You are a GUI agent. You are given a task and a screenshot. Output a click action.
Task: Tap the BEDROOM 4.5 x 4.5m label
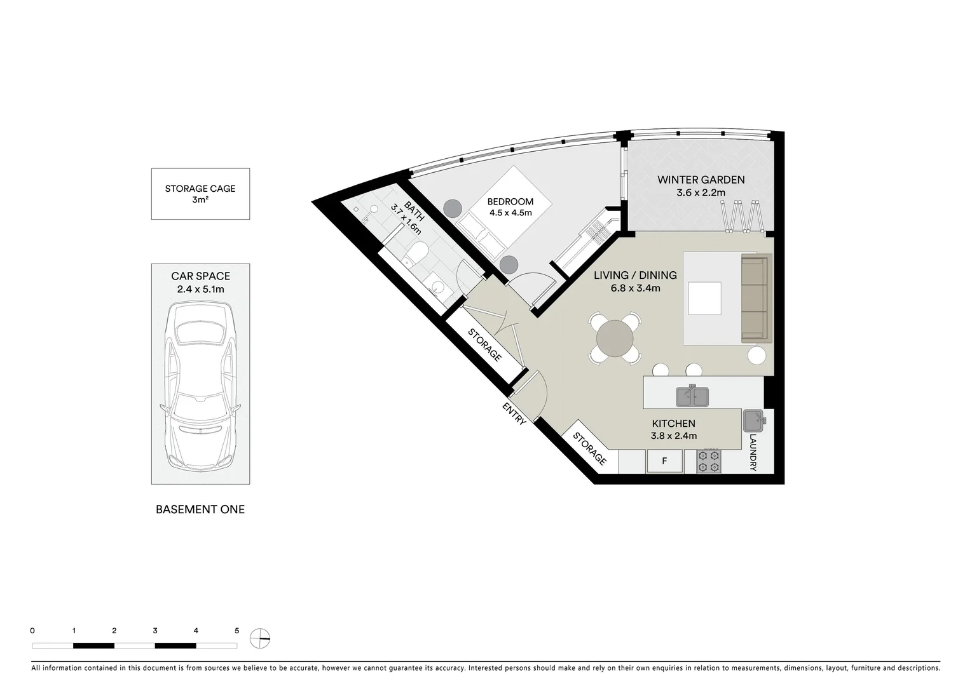(510, 207)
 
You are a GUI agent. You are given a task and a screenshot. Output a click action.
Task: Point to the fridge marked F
(664, 461)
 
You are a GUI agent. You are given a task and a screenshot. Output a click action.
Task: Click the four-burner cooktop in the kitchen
(709, 461)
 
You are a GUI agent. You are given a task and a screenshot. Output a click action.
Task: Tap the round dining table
(615, 339)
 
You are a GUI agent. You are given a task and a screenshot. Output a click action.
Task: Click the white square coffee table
(704, 298)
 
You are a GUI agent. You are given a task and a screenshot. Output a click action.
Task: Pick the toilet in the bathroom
(416, 255)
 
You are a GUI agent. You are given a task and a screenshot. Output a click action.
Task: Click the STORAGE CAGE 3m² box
(200, 194)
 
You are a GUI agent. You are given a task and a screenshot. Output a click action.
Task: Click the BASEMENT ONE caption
(200, 509)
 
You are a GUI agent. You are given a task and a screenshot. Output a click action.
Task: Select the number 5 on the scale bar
(236, 631)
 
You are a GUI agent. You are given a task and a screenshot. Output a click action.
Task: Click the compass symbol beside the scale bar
(261, 638)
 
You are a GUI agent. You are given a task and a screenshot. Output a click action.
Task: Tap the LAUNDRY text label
(753, 452)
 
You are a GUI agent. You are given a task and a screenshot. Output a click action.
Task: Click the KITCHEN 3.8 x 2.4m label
(673, 429)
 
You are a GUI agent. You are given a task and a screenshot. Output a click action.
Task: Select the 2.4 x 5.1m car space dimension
(200, 289)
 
